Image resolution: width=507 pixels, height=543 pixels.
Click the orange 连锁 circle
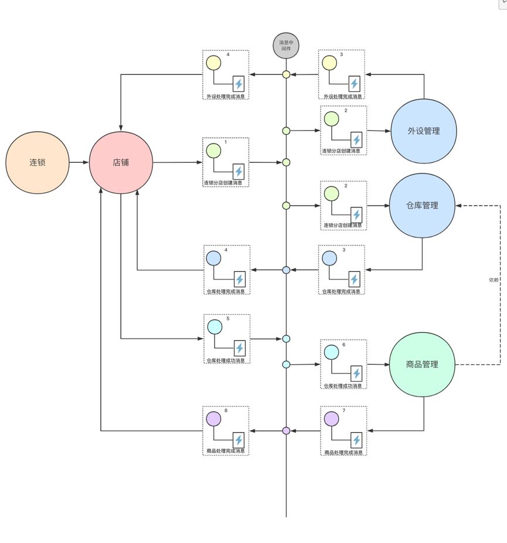point(38,162)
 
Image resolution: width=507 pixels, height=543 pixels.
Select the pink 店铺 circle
point(121,162)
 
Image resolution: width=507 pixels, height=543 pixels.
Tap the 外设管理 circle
point(423,131)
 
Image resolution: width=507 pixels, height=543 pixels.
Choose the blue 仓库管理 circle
point(422,206)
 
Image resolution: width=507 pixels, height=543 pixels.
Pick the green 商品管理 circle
point(422,364)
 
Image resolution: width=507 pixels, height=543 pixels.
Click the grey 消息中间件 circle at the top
point(286,46)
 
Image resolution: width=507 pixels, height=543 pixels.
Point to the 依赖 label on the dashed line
point(494,280)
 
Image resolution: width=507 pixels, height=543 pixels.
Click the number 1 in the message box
point(226,142)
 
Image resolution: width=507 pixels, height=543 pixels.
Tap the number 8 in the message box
point(226,411)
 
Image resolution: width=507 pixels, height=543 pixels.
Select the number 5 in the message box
point(227,319)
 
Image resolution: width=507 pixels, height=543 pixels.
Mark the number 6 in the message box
point(343,345)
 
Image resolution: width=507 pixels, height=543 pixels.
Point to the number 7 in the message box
point(343,411)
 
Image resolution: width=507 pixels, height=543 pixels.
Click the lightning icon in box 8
point(239,440)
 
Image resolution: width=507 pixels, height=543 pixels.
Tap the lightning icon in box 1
point(239,172)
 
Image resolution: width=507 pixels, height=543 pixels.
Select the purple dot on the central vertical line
point(286,431)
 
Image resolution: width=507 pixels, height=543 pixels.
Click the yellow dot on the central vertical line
point(286,74)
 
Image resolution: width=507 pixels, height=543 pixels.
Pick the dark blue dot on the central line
point(286,270)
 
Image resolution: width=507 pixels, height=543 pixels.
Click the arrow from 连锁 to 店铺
point(79,162)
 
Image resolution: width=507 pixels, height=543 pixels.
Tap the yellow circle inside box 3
point(329,62)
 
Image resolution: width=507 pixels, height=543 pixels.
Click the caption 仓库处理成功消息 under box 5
point(226,360)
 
